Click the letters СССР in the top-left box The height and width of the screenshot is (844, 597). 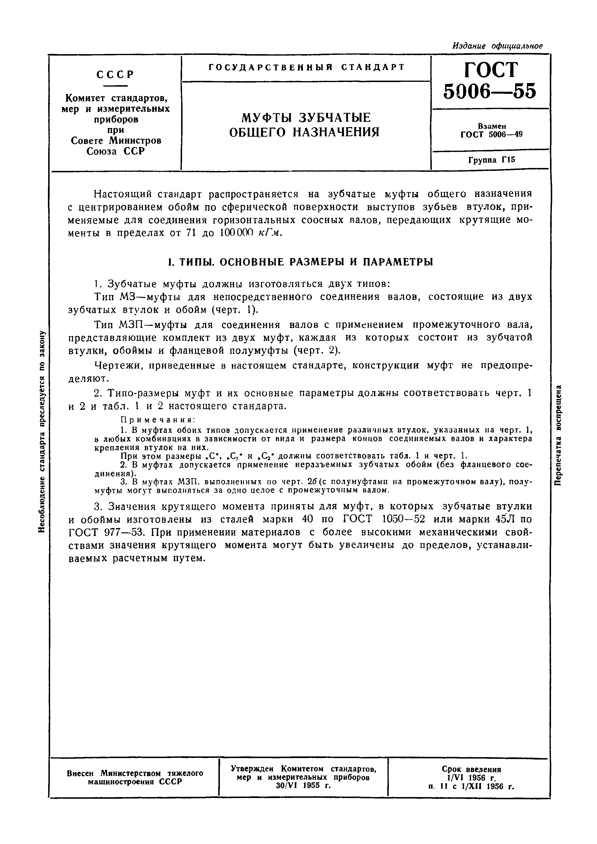tap(115, 74)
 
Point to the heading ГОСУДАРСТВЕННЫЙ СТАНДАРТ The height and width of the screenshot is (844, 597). tap(306, 67)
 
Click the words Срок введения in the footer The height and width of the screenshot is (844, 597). tap(472, 769)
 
